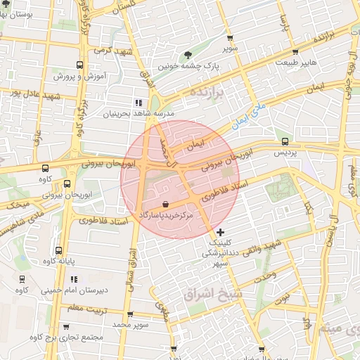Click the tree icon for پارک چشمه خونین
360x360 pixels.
click(x=188, y=55)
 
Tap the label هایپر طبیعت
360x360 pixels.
click(x=304, y=63)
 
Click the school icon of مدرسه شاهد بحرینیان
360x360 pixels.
click(x=138, y=103)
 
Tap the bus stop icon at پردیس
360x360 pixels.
click(x=285, y=141)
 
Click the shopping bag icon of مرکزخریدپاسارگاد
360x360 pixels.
click(x=165, y=203)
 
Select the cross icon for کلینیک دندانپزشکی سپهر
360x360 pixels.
click(x=221, y=232)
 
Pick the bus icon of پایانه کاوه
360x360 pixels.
click(x=58, y=250)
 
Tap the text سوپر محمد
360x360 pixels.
click(x=132, y=325)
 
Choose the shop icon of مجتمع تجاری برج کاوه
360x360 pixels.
click(x=66, y=327)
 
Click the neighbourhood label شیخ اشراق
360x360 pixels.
click(x=212, y=295)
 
